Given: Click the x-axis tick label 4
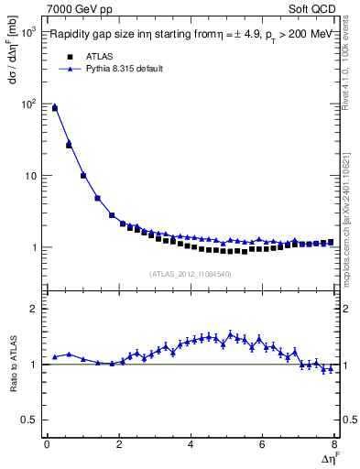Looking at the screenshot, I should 191,445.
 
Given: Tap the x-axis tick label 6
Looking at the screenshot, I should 262,445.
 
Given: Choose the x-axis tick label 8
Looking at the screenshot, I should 334,445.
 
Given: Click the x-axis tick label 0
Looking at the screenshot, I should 47,445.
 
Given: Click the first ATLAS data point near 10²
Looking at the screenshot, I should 54,108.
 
